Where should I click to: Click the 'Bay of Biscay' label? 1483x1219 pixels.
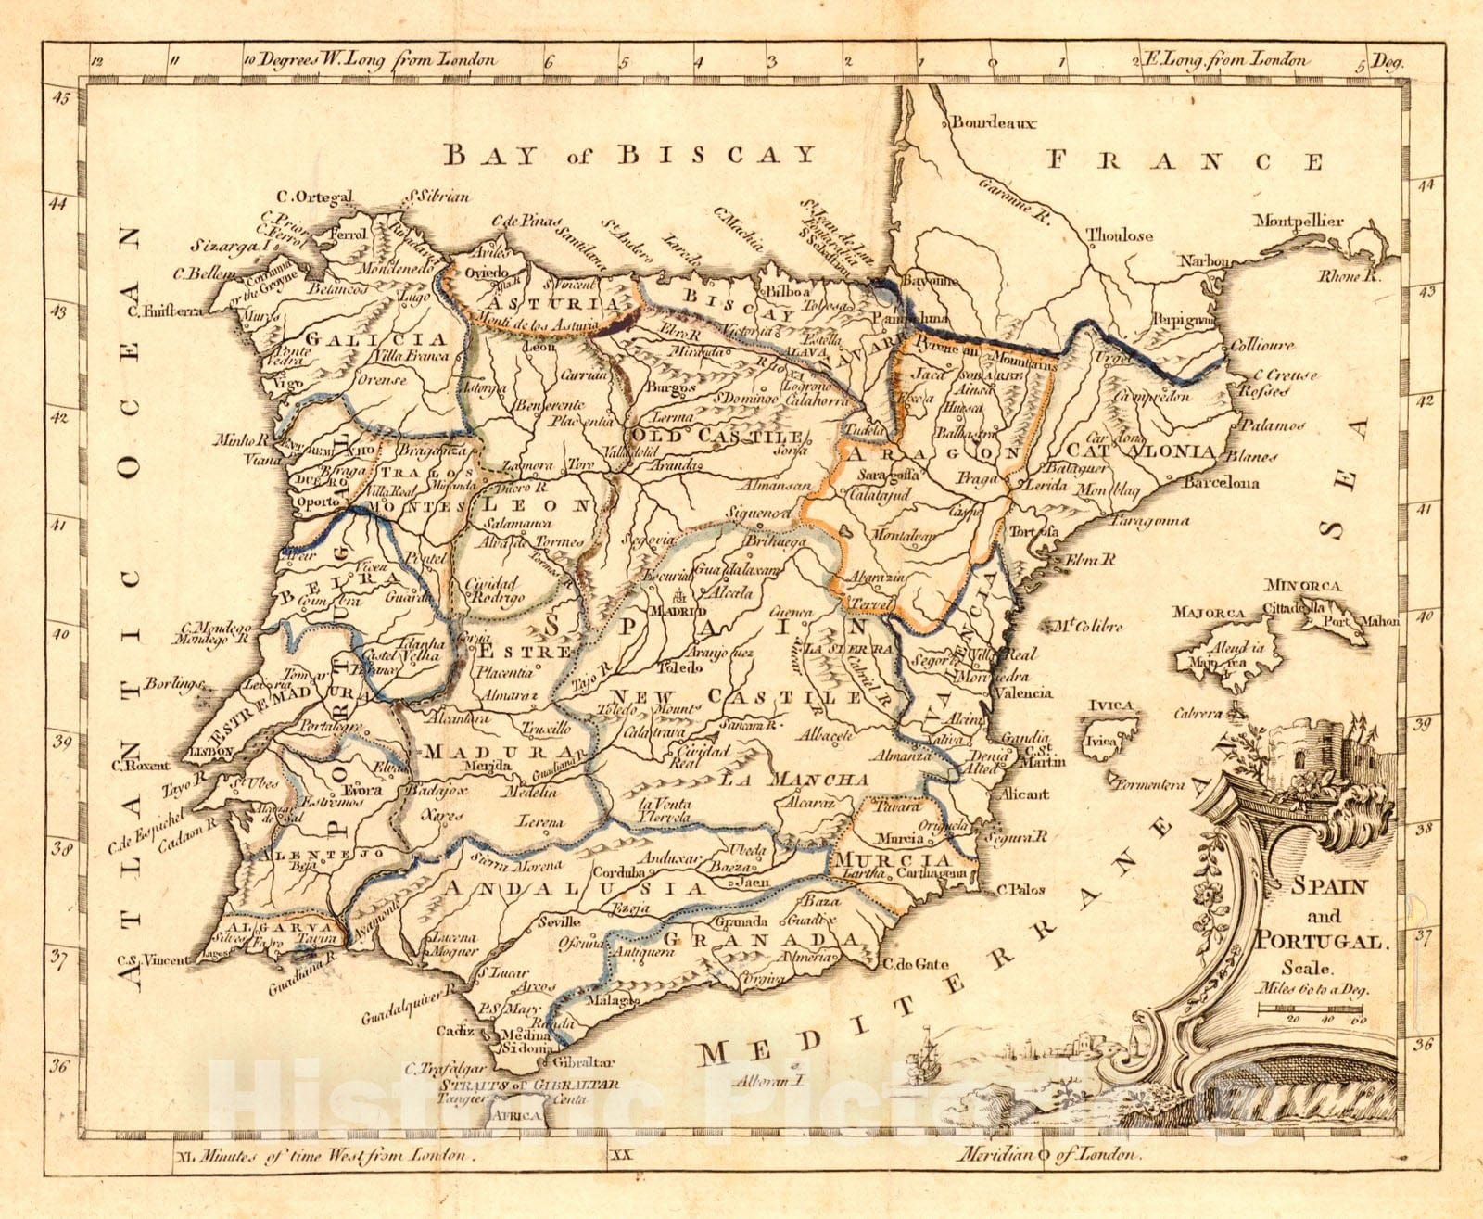(x=629, y=154)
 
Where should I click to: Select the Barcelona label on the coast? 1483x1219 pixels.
(x=1222, y=483)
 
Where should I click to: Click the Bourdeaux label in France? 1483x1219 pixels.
(x=994, y=122)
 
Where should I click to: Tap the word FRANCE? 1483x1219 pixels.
(x=1185, y=161)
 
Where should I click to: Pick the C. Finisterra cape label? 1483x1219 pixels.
(x=167, y=312)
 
